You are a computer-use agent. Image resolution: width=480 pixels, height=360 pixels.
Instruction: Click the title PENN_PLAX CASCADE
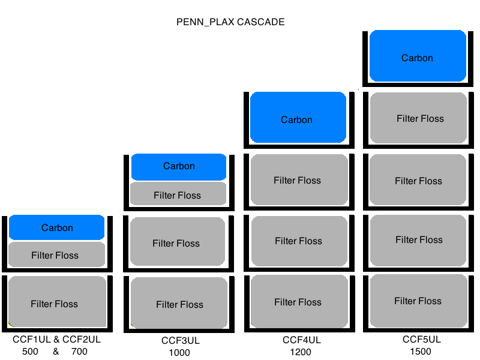(x=230, y=22)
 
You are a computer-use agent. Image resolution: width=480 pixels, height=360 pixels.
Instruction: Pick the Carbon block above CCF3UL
(x=179, y=167)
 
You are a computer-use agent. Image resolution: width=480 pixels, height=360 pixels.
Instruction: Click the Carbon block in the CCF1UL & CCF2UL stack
(x=57, y=227)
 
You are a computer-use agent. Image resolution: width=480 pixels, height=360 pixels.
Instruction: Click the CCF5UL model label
(x=421, y=340)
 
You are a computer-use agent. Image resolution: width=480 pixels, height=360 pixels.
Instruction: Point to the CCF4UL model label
(x=302, y=340)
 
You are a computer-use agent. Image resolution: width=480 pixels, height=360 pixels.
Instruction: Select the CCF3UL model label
(x=181, y=341)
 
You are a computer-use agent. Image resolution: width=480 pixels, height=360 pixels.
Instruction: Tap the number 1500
(x=421, y=352)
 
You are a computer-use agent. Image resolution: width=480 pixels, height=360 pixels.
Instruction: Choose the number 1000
(x=179, y=353)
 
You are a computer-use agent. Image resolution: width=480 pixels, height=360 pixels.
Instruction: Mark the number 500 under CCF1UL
(x=31, y=352)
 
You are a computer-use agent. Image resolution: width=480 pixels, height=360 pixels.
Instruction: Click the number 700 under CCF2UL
(x=79, y=352)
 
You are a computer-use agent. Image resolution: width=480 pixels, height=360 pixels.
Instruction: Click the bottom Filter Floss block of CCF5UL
(x=418, y=301)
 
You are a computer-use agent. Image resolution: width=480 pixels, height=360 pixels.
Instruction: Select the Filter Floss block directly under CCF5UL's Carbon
(x=419, y=119)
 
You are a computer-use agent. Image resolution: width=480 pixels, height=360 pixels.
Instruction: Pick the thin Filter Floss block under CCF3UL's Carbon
(x=178, y=194)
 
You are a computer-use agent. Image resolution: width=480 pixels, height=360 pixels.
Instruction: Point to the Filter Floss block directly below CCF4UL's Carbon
(x=298, y=180)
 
